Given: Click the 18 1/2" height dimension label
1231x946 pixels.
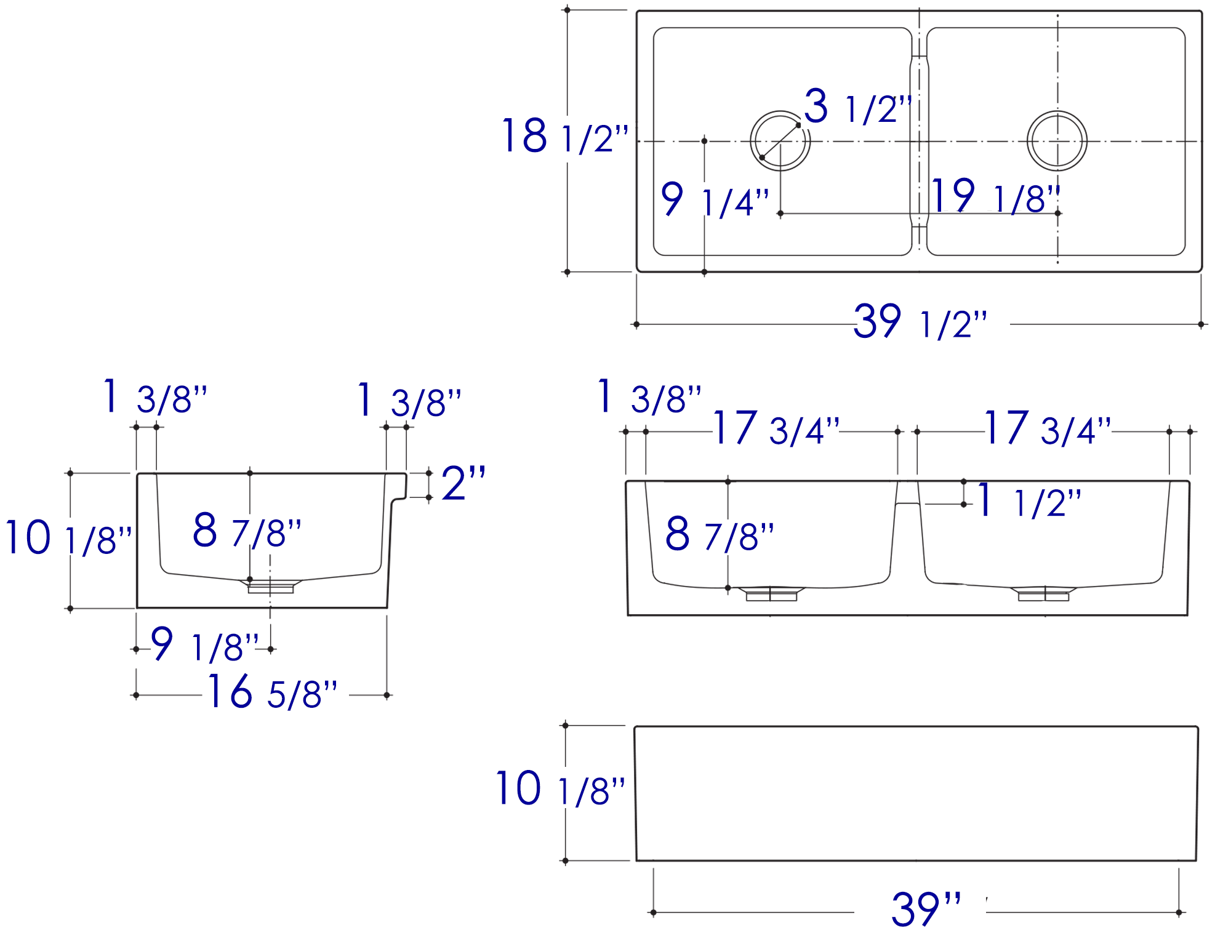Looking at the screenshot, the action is point(565,135).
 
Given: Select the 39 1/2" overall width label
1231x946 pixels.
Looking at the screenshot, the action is point(920,321).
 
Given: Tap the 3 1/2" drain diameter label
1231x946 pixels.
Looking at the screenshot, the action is point(857,106).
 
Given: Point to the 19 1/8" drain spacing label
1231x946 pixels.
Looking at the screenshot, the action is point(995,196).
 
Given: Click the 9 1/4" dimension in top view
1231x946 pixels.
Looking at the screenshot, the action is point(715,199).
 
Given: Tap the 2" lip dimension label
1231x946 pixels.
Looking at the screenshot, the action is point(463,483).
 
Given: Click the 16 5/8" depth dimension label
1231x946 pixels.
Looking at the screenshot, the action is point(272,691).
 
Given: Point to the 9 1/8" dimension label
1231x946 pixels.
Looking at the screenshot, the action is point(205,644).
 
